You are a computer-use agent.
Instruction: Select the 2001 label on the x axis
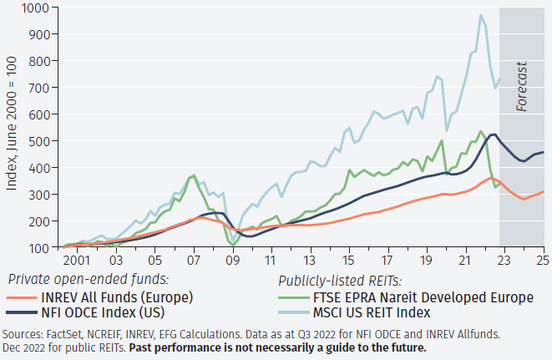(77, 260)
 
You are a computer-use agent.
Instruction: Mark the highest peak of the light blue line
(480, 15)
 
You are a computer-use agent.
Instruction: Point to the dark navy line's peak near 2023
(494, 134)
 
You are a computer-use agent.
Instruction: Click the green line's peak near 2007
(194, 175)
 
